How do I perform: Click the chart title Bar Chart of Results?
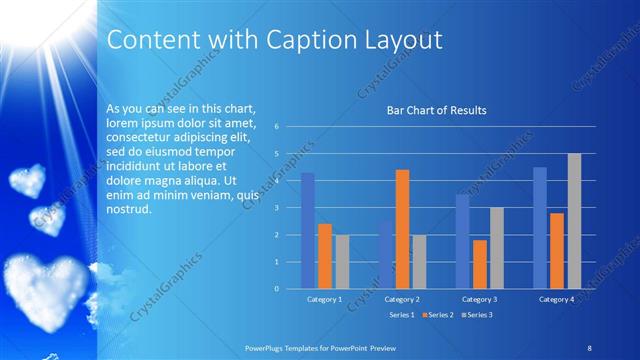point(436,110)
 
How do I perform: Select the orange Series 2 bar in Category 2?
point(402,229)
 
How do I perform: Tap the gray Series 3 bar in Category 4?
point(574,221)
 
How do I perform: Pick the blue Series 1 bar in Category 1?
point(308,231)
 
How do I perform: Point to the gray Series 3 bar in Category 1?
point(342,261)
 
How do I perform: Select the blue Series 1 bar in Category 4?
point(540,228)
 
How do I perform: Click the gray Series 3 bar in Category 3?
point(497,248)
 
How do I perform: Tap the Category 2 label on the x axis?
point(401,299)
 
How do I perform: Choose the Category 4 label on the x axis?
point(556,299)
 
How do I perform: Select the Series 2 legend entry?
point(438,315)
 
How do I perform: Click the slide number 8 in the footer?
point(590,345)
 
